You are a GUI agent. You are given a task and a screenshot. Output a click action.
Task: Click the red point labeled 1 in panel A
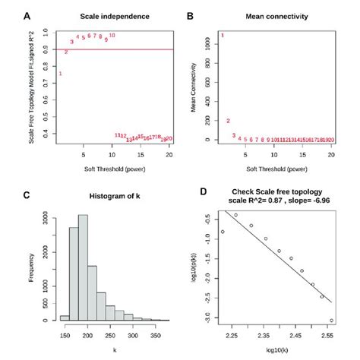61,74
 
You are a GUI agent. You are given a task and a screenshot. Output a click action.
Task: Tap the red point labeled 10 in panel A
112,35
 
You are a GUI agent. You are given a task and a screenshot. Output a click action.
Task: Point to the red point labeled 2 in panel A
66,52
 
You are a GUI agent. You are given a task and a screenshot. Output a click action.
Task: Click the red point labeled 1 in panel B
223,35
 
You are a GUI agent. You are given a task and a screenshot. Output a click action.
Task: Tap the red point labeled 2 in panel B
228,121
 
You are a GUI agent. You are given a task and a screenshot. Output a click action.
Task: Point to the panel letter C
28,194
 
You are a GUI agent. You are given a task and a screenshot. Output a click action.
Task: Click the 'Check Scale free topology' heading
281,191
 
